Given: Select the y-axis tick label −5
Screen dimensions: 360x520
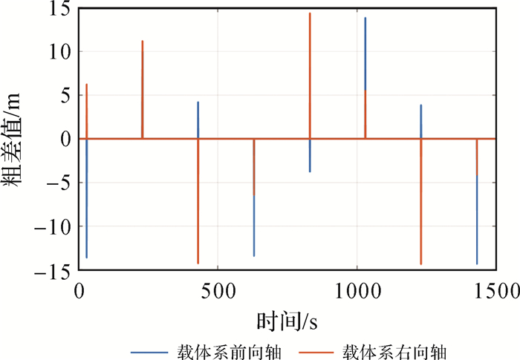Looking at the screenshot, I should coord(59,183).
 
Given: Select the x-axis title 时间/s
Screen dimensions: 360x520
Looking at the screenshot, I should coord(287,321).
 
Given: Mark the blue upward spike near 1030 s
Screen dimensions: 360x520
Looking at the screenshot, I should coord(365,52).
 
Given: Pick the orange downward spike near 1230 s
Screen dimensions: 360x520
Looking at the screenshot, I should coord(421,215).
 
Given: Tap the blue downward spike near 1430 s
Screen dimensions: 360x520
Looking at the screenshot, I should coord(477,223).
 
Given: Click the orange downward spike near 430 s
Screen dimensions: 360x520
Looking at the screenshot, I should coord(198,215).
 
